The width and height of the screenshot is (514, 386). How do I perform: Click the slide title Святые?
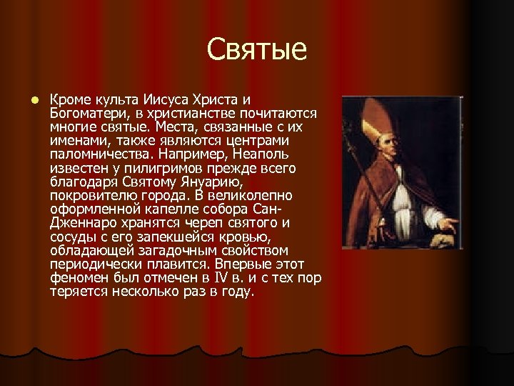click(257, 49)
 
